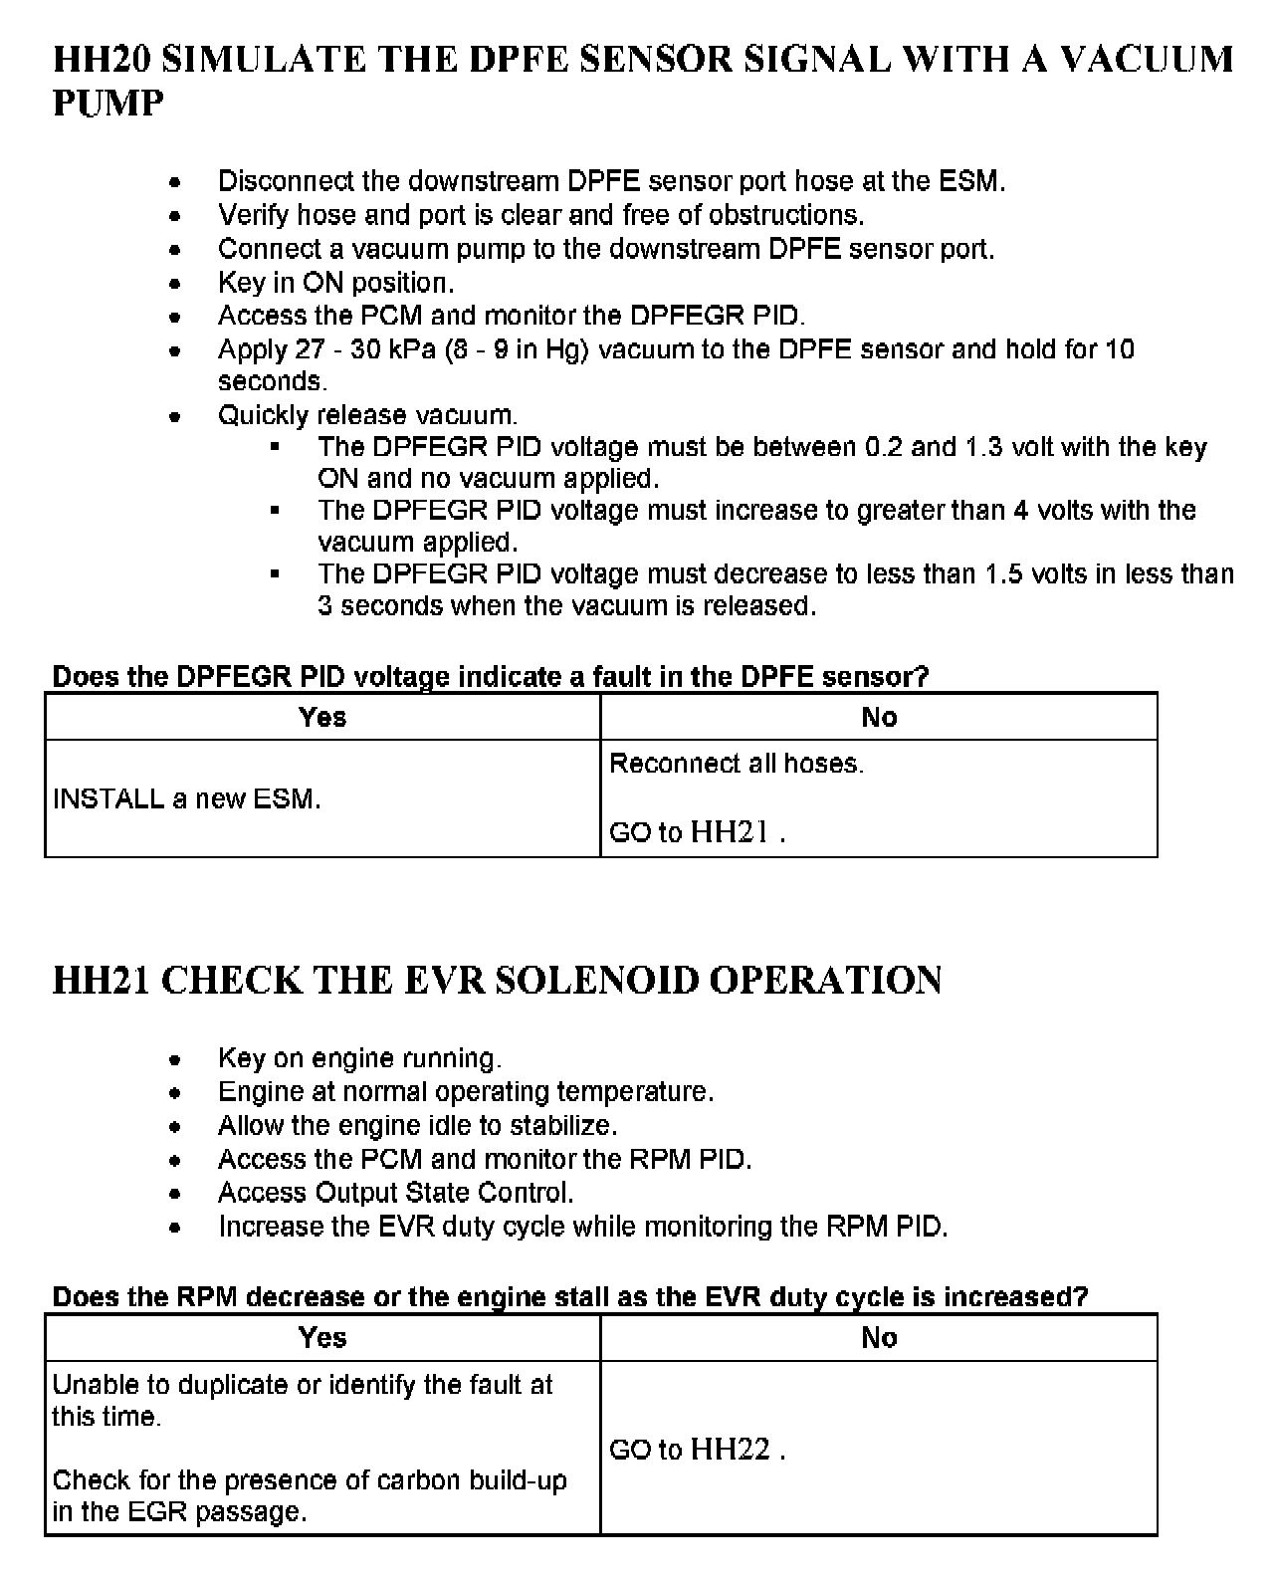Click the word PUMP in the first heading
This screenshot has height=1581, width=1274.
tap(107, 104)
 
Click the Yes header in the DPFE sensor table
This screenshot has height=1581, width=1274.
tap(322, 717)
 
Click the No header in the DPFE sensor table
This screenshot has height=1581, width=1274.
tap(879, 717)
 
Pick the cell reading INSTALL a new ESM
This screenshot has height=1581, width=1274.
tap(187, 798)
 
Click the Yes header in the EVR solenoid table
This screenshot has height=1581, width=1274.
tap(322, 1337)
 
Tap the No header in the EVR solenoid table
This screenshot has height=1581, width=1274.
tap(879, 1337)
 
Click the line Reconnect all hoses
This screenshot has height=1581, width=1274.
tap(737, 764)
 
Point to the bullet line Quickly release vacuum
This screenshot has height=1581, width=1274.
tap(367, 415)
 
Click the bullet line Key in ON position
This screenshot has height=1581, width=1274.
tap(335, 283)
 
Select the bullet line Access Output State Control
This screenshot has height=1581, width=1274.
tap(395, 1193)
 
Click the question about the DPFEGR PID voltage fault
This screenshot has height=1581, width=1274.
tap(490, 677)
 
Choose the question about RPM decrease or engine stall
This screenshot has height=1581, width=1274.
tap(569, 1297)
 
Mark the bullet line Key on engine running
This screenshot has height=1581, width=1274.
tap(359, 1058)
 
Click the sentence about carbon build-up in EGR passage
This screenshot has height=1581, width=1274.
tap(309, 1495)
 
